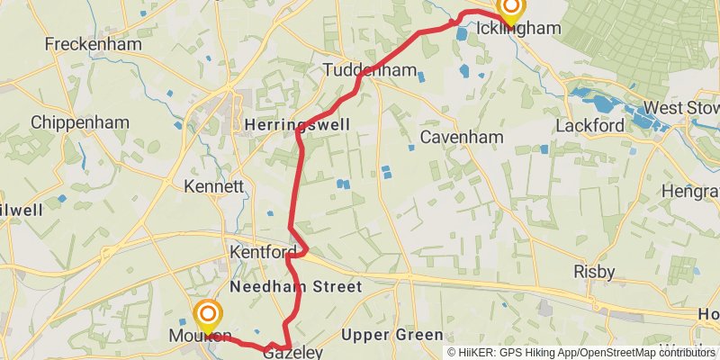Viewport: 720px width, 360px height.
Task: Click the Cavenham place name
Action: click(x=461, y=138)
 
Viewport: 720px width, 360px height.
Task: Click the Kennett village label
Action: click(x=213, y=187)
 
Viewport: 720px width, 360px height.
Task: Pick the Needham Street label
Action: click(x=295, y=287)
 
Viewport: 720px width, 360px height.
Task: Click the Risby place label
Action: click(x=594, y=271)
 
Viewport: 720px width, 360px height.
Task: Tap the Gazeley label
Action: click(x=292, y=353)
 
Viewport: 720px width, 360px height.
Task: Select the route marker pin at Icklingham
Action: click(x=510, y=9)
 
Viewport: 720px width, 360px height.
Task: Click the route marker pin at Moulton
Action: click(x=208, y=316)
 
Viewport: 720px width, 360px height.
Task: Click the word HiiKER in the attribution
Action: click(x=473, y=353)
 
